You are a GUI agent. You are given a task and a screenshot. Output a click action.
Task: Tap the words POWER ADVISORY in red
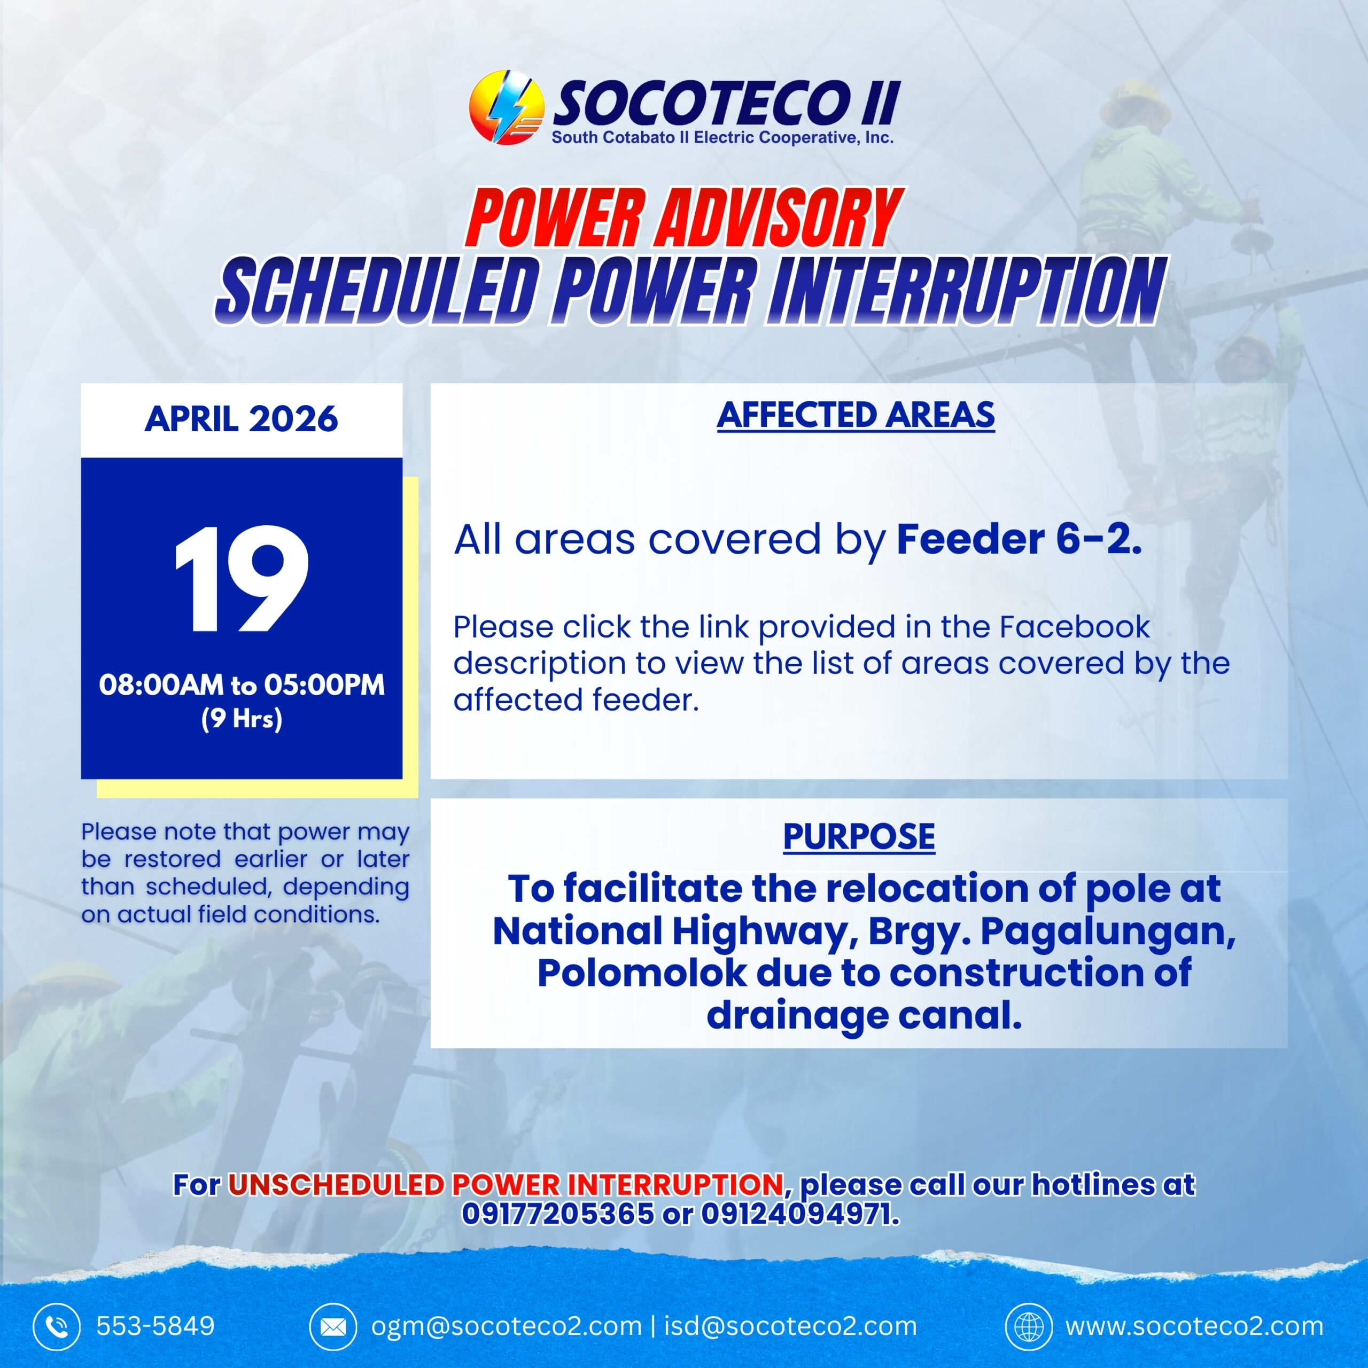(684, 219)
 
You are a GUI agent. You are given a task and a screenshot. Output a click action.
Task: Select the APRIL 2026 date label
(242, 418)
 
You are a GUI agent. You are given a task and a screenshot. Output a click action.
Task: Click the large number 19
(242, 579)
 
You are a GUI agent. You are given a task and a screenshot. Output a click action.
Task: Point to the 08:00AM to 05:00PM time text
(242, 685)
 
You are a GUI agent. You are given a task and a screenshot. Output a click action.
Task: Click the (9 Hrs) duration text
(242, 719)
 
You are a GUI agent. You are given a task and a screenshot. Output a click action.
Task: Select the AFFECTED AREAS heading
(856, 416)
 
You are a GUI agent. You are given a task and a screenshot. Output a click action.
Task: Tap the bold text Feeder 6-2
(1019, 540)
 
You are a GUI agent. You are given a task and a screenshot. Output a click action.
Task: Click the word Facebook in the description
(1074, 627)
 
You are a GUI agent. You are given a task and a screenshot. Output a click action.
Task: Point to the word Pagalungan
(1108, 932)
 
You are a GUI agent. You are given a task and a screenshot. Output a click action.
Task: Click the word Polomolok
(641, 973)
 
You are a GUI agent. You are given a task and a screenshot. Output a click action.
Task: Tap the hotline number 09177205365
(558, 1214)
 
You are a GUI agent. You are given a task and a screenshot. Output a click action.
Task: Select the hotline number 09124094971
(800, 1214)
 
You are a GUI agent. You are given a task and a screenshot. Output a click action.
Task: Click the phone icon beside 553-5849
(57, 1326)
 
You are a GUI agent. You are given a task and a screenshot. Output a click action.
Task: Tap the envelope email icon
(333, 1326)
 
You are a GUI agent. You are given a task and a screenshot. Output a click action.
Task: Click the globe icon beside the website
(1029, 1326)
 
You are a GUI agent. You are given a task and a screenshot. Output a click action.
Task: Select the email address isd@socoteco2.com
(790, 1326)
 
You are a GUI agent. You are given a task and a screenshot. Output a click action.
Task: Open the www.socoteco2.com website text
(1194, 1326)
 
